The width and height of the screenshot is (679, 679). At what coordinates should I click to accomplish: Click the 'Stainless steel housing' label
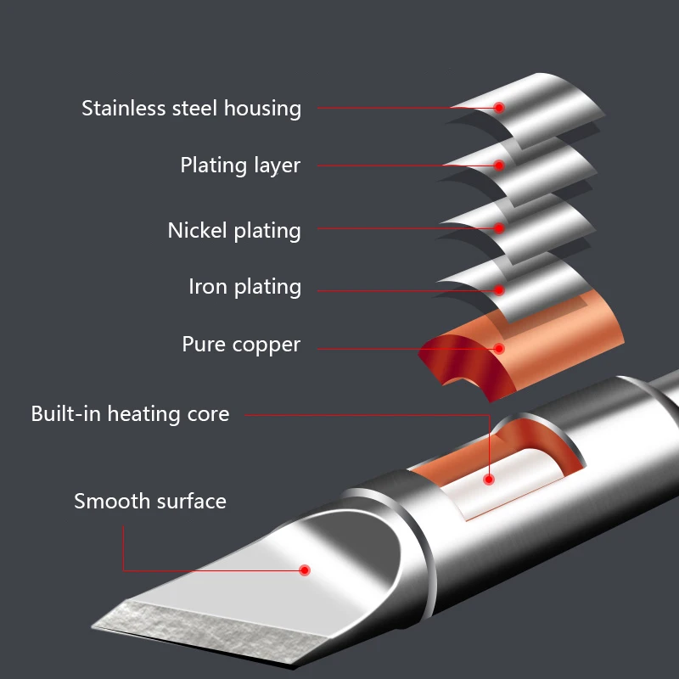click(x=191, y=109)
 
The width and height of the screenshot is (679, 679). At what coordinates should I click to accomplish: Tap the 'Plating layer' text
click(x=240, y=165)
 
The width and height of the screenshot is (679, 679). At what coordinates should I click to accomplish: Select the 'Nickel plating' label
click(x=234, y=230)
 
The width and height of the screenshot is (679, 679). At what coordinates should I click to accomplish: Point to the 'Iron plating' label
click(x=244, y=287)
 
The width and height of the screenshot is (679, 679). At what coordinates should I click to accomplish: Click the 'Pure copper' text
click(x=241, y=345)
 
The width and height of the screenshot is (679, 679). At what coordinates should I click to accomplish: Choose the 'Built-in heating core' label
click(x=130, y=414)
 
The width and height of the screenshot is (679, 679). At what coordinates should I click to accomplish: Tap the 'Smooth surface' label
click(x=150, y=501)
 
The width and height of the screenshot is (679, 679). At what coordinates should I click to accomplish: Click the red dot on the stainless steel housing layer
click(x=499, y=108)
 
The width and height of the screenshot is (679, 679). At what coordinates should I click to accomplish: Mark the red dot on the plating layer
click(x=499, y=166)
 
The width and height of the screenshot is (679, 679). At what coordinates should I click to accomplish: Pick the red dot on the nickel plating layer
click(x=499, y=228)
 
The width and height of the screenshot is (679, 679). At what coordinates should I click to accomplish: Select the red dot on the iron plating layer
click(x=499, y=290)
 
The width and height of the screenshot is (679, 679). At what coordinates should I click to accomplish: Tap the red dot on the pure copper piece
click(x=499, y=348)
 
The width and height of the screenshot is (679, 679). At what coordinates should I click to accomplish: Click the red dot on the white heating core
click(x=489, y=480)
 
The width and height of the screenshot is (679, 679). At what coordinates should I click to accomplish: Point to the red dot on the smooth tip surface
click(x=306, y=570)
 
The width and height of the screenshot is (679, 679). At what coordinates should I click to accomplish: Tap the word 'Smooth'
click(x=106, y=501)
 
